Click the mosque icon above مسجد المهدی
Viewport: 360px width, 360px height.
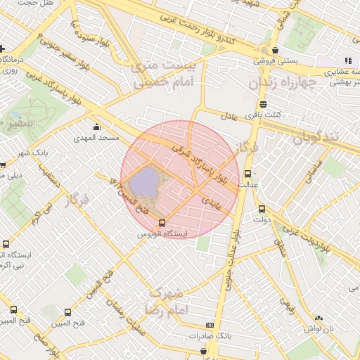(96, 127)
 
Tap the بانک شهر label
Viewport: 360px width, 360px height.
(33, 153)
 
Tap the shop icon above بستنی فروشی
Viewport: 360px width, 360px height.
(274, 50)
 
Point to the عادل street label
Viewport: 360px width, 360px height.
(231, 115)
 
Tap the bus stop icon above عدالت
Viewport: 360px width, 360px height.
(247, 174)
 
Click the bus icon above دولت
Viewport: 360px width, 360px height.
(262, 209)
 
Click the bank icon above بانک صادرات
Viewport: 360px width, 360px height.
(210, 326)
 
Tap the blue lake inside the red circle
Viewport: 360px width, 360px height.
(145, 183)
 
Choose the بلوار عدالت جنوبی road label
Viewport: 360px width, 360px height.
(233, 253)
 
